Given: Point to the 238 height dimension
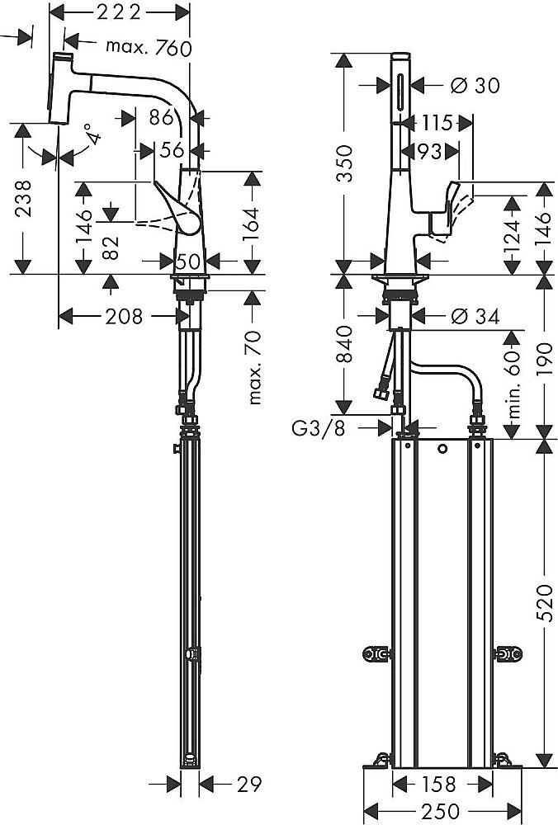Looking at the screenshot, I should [x=26, y=197].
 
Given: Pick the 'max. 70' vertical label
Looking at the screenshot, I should [x=254, y=367].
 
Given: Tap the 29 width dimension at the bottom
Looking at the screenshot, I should [x=234, y=781].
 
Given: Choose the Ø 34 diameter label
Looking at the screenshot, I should [x=476, y=316].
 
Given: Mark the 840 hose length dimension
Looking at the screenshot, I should [x=346, y=345].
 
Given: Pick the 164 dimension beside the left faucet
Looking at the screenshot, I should [x=252, y=220].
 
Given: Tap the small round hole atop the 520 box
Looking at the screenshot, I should [x=443, y=450].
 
